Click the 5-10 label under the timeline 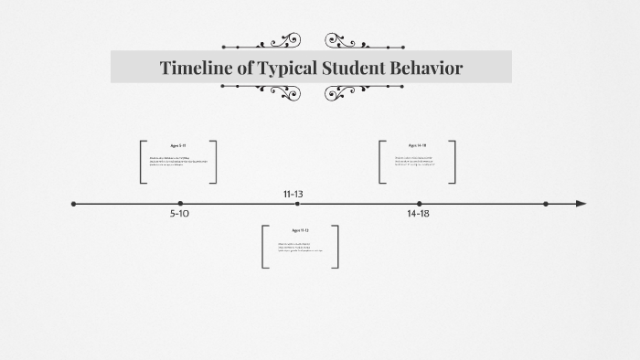[180, 214]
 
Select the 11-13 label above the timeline [293, 194]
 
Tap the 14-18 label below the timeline [418, 214]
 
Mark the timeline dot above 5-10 [180, 204]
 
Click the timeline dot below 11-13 [296, 204]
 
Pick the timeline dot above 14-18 [420, 204]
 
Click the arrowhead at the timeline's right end [581, 204]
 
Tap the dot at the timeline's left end [74, 204]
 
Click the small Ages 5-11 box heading [178, 145]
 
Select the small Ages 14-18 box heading [417, 145]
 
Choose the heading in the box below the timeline [300, 230]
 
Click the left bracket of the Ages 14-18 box [380, 162]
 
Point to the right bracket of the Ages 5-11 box [215, 162]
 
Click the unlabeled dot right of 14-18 [546, 204]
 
